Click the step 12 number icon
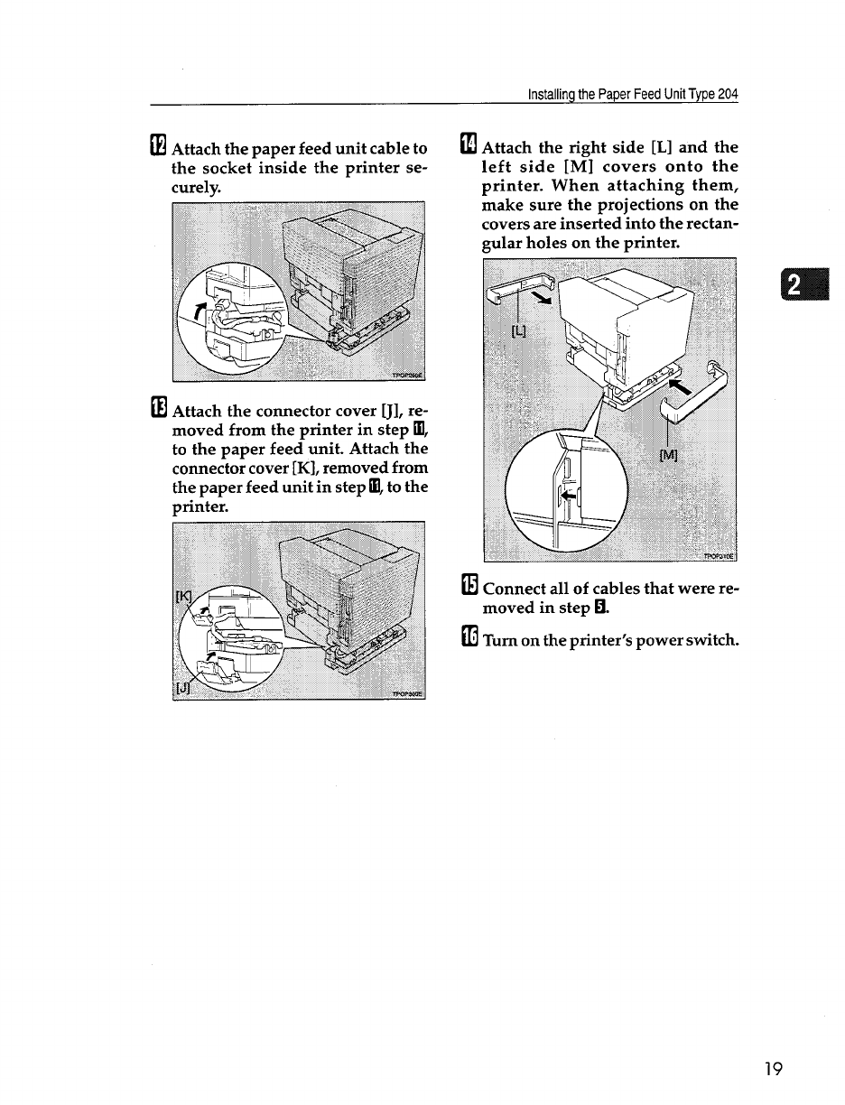tap(158, 146)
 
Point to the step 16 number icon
tap(469, 639)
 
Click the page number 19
tap(772, 1070)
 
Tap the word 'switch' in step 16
tap(711, 641)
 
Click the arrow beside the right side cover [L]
tap(540, 300)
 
